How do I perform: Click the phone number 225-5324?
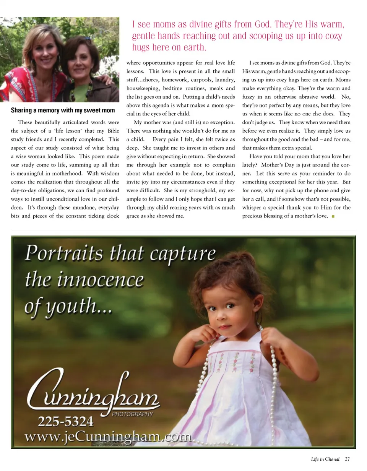[65, 422]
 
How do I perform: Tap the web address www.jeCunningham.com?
[108, 436]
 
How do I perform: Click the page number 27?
[347, 459]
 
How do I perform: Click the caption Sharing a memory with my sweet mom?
[63, 110]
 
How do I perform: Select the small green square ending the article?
[333, 217]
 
